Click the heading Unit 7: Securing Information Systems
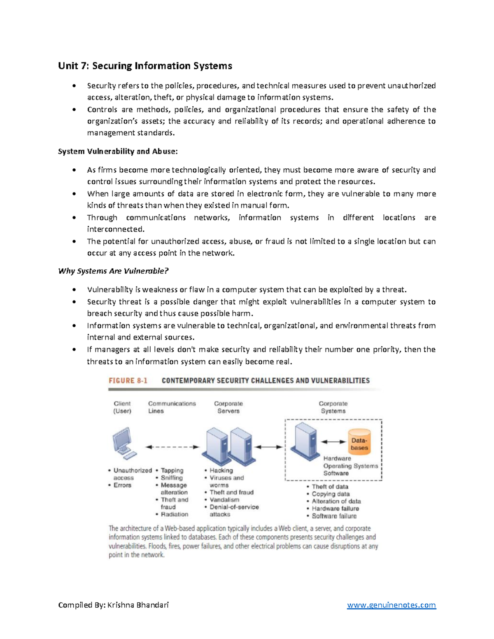[145, 66]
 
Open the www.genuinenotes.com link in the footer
[391, 605]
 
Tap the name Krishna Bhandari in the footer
[138, 605]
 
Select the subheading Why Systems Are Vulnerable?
[113, 271]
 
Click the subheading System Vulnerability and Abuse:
[118, 151]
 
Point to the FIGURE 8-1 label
[128, 381]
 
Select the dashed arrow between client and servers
[172, 447]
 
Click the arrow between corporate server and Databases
[333, 441]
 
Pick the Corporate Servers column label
[228, 407]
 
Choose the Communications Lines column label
[172, 407]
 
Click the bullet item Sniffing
[172, 478]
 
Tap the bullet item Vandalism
[224, 500]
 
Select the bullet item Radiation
[175, 514]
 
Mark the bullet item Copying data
[331, 494]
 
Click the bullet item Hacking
[221, 470]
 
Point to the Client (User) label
[122, 407]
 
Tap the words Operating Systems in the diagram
[350, 466]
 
